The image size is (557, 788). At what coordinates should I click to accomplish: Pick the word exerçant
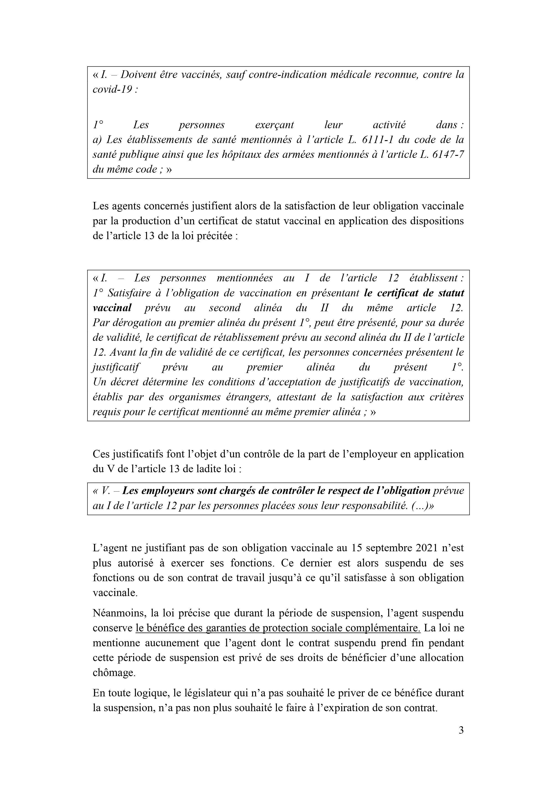pyautogui.click(x=274, y=125)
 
